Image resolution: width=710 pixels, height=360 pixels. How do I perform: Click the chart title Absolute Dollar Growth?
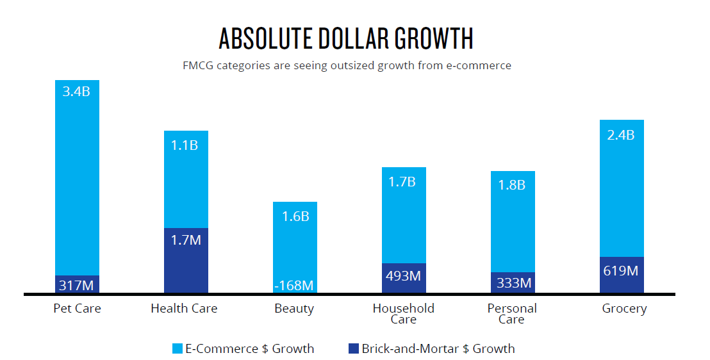pyautogui.click(x=346, y=39)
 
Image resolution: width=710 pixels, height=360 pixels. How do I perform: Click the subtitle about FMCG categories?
pyautogui.click(x=347, y=65)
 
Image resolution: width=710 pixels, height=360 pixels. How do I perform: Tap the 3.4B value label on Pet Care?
pyautogui.click(x=76, y=91)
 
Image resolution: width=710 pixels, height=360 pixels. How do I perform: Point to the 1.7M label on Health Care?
pyautogui.click(x=186, y=240)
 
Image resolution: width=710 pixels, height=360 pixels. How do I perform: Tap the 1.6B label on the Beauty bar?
pyautogui.click(x=295, y=217)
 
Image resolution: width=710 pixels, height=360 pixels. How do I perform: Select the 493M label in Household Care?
pyautogui.click(x=404, y=276)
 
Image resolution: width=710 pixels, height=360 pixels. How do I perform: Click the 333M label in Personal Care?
pyautogui.click(x=513, y=282)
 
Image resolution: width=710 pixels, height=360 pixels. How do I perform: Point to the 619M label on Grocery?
pyautogui.click(x=621, y=270)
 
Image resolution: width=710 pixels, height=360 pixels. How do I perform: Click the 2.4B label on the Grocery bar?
pyautogui.click(x=621, y=135)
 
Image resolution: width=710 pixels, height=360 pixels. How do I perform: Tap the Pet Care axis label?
pyautogui.click(x=78, y=309)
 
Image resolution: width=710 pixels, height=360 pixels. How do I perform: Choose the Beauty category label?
pyautogui.click(x=294, y=309)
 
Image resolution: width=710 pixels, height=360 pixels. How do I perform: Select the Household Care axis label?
pyautogui.click(x=404, y=314)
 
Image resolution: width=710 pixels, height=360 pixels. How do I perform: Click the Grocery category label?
pyautogui.click(x=624, y=309)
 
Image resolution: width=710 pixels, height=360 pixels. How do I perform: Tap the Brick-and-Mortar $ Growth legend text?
pyautogui.click(x=438, y=349)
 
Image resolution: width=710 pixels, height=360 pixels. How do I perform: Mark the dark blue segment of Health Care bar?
pyautogui.click(x=186, y=263)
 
